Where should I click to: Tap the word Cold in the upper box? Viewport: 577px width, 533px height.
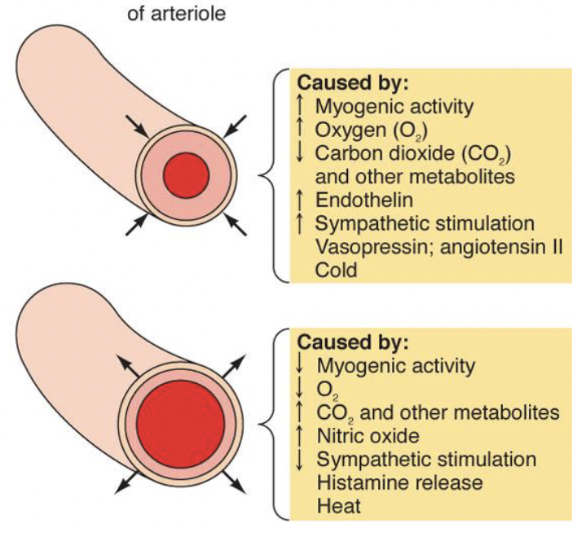click(336, 270)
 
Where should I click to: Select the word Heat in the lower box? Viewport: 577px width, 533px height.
click(336, 506)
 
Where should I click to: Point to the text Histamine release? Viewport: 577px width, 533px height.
click(399, 482)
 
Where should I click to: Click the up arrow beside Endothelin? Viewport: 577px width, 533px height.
click(301, 199)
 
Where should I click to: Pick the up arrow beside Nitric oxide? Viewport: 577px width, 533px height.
click(301, 435)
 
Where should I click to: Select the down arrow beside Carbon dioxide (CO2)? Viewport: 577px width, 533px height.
click(301, 152)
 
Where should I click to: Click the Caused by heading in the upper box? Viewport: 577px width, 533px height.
click(353, 82)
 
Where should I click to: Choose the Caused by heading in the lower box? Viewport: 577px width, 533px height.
click(353, 341)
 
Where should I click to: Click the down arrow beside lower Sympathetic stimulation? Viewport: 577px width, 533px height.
click(301, 459)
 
